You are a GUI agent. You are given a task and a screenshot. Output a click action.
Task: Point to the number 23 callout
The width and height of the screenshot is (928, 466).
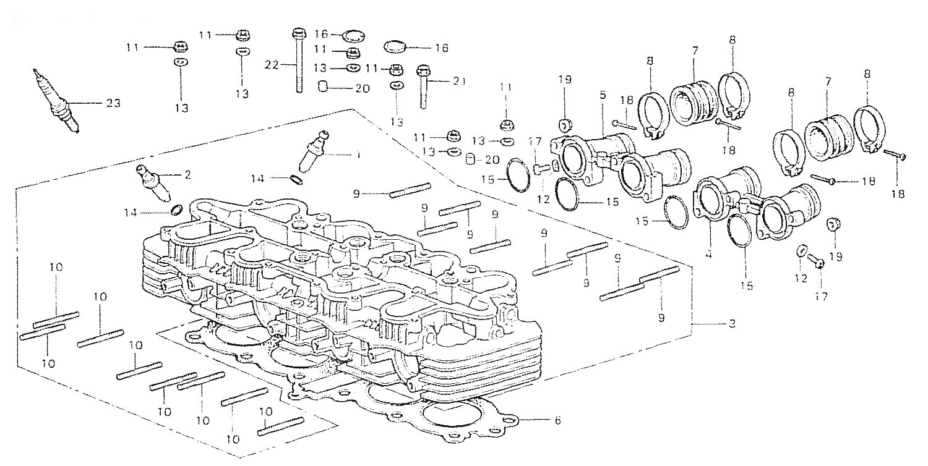(112, 103)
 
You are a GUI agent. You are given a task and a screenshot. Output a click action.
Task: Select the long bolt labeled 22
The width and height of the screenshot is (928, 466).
(299, 62)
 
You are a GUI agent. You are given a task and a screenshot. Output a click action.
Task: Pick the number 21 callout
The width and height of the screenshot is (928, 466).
(458, 82)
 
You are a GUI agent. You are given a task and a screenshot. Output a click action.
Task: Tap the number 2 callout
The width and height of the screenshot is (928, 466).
(187, 175)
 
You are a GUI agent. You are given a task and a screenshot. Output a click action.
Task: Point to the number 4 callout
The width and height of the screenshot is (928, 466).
(708, 254)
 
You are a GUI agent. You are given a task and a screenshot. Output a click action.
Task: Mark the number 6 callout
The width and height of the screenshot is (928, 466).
(557, 421)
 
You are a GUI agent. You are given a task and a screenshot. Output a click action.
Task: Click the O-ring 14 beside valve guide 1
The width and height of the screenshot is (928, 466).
(296, 180)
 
